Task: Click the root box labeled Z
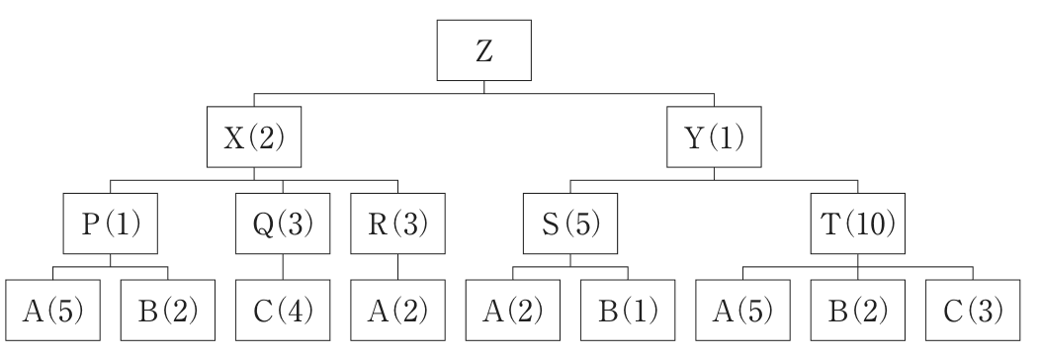484,50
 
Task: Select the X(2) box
254,136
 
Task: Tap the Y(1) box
715,136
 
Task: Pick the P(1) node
111,224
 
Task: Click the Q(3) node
283,224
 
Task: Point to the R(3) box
398,224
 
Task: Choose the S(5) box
570,224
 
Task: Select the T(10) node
858,224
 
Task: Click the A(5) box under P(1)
53,311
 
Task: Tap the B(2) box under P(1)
168,311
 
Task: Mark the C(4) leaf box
283,311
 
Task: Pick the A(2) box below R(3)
398,311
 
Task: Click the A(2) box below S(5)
513,311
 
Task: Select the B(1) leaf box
628,311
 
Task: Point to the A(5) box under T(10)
742,311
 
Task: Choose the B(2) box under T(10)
858,311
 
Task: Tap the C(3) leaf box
974,311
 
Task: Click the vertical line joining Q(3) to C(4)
283,267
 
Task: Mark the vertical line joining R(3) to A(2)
398,267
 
